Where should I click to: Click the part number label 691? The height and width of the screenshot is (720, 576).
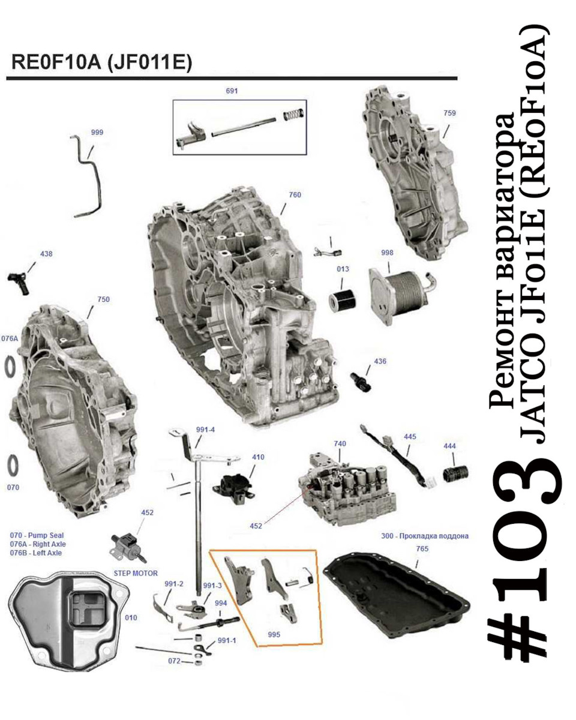232,91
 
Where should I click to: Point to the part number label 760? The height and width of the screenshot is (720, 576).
295,194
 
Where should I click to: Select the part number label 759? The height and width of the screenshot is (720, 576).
449,113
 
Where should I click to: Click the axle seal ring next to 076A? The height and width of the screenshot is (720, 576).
9,367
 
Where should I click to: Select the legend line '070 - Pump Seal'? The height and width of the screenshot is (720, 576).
37,535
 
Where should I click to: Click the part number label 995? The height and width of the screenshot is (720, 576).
275,634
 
